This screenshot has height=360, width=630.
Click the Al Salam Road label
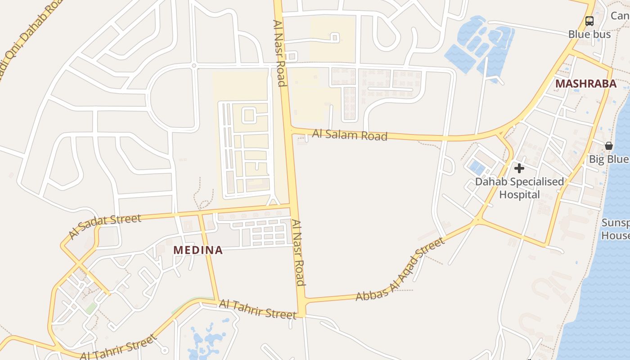click(350, 135)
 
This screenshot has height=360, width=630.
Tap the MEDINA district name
click(198, 250)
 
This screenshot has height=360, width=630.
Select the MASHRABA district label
click(585, 84)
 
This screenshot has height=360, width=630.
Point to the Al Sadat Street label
click(105, 226)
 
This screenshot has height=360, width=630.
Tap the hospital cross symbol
click(519, 168)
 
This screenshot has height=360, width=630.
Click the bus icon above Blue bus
click(589, 21)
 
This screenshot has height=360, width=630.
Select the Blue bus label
click(589, 34)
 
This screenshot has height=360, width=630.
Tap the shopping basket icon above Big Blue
click(608, 146)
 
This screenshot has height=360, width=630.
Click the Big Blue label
click(609, 159)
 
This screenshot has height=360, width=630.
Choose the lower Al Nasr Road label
click(298, 252)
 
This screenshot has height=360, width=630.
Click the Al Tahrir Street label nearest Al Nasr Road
click(257, 310)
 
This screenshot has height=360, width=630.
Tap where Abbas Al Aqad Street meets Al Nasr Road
click(302, 300)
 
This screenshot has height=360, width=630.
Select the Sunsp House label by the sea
click(616, 229)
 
